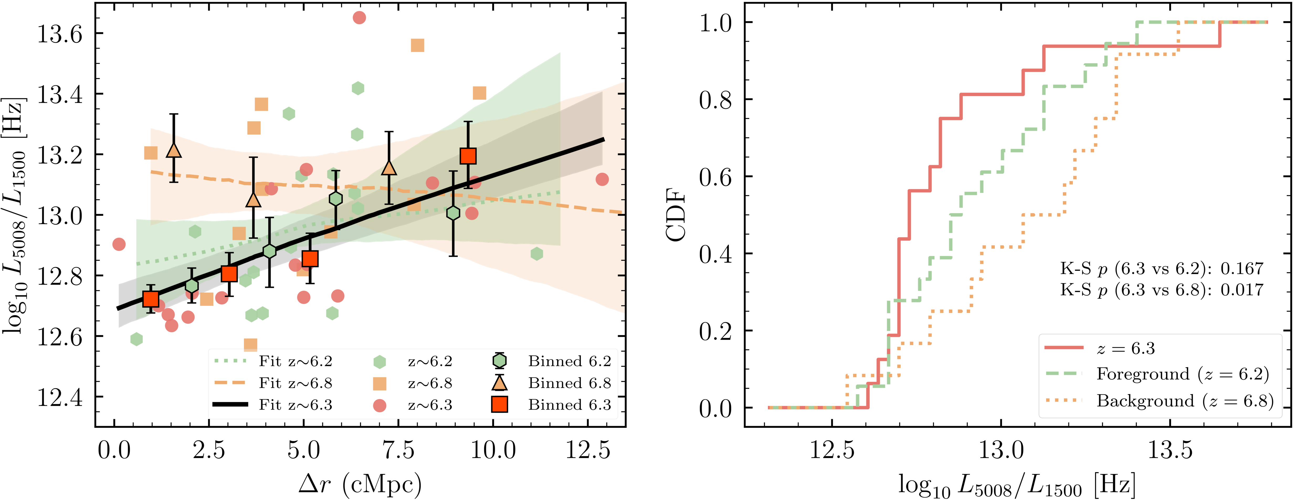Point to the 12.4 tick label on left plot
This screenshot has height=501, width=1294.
click(59, 398)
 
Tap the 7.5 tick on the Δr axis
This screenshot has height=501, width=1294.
click(398, 450)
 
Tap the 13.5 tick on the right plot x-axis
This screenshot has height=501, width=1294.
click(1170, 450)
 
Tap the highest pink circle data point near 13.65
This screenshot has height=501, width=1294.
click(359, 18)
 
